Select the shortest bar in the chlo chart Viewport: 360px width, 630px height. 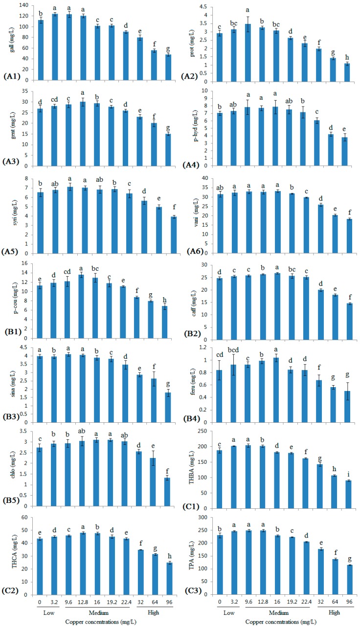point(167,492)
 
